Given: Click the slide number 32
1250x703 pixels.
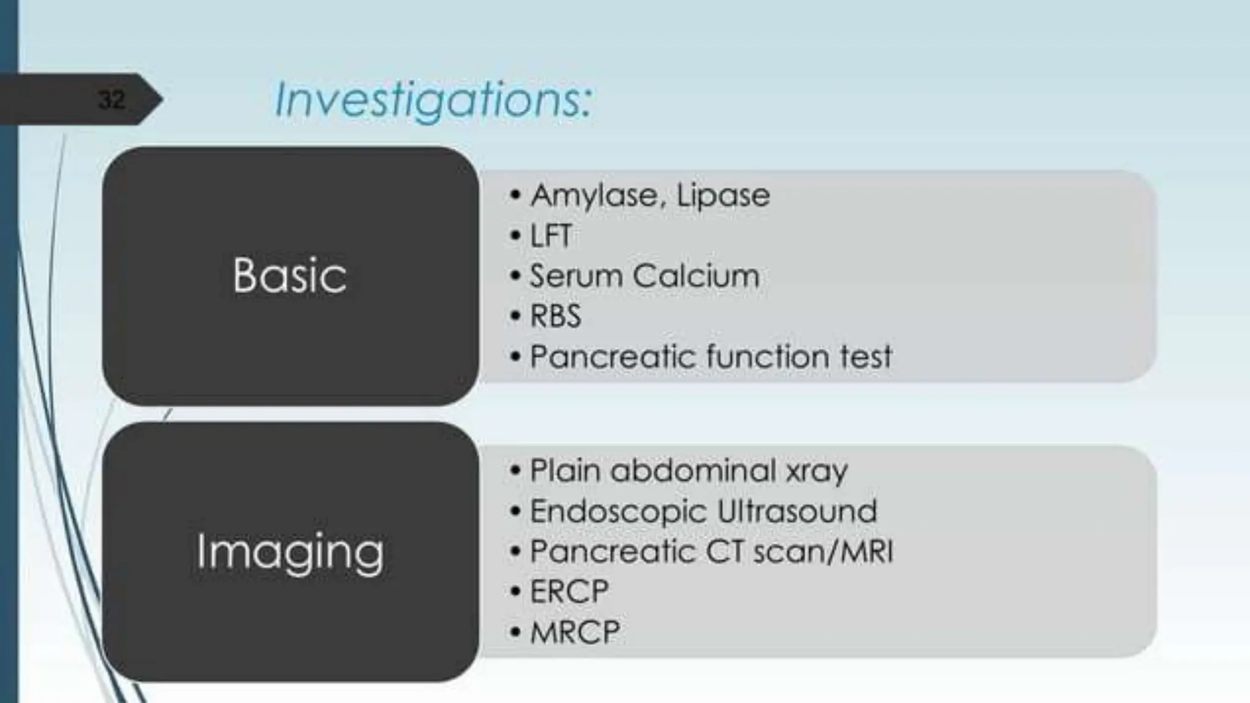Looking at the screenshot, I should [111, 99].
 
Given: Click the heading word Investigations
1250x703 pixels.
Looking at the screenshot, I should [433, 101].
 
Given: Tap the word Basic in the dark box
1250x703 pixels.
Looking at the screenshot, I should [289, 275].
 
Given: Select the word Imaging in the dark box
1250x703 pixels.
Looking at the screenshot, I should [290, 552].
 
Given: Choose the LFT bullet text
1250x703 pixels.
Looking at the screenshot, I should [551, 236].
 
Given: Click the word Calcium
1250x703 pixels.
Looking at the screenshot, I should [696, 276].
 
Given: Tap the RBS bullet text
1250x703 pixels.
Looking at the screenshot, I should [555, 316].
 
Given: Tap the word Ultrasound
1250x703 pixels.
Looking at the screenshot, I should [797, 511].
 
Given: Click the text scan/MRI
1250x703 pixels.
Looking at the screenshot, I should [823, 552].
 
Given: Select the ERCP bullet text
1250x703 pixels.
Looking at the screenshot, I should [569, 592].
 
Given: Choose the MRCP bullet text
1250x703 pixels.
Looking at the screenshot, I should [575, 632].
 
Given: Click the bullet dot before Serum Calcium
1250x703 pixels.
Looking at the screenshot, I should [516, 276].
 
